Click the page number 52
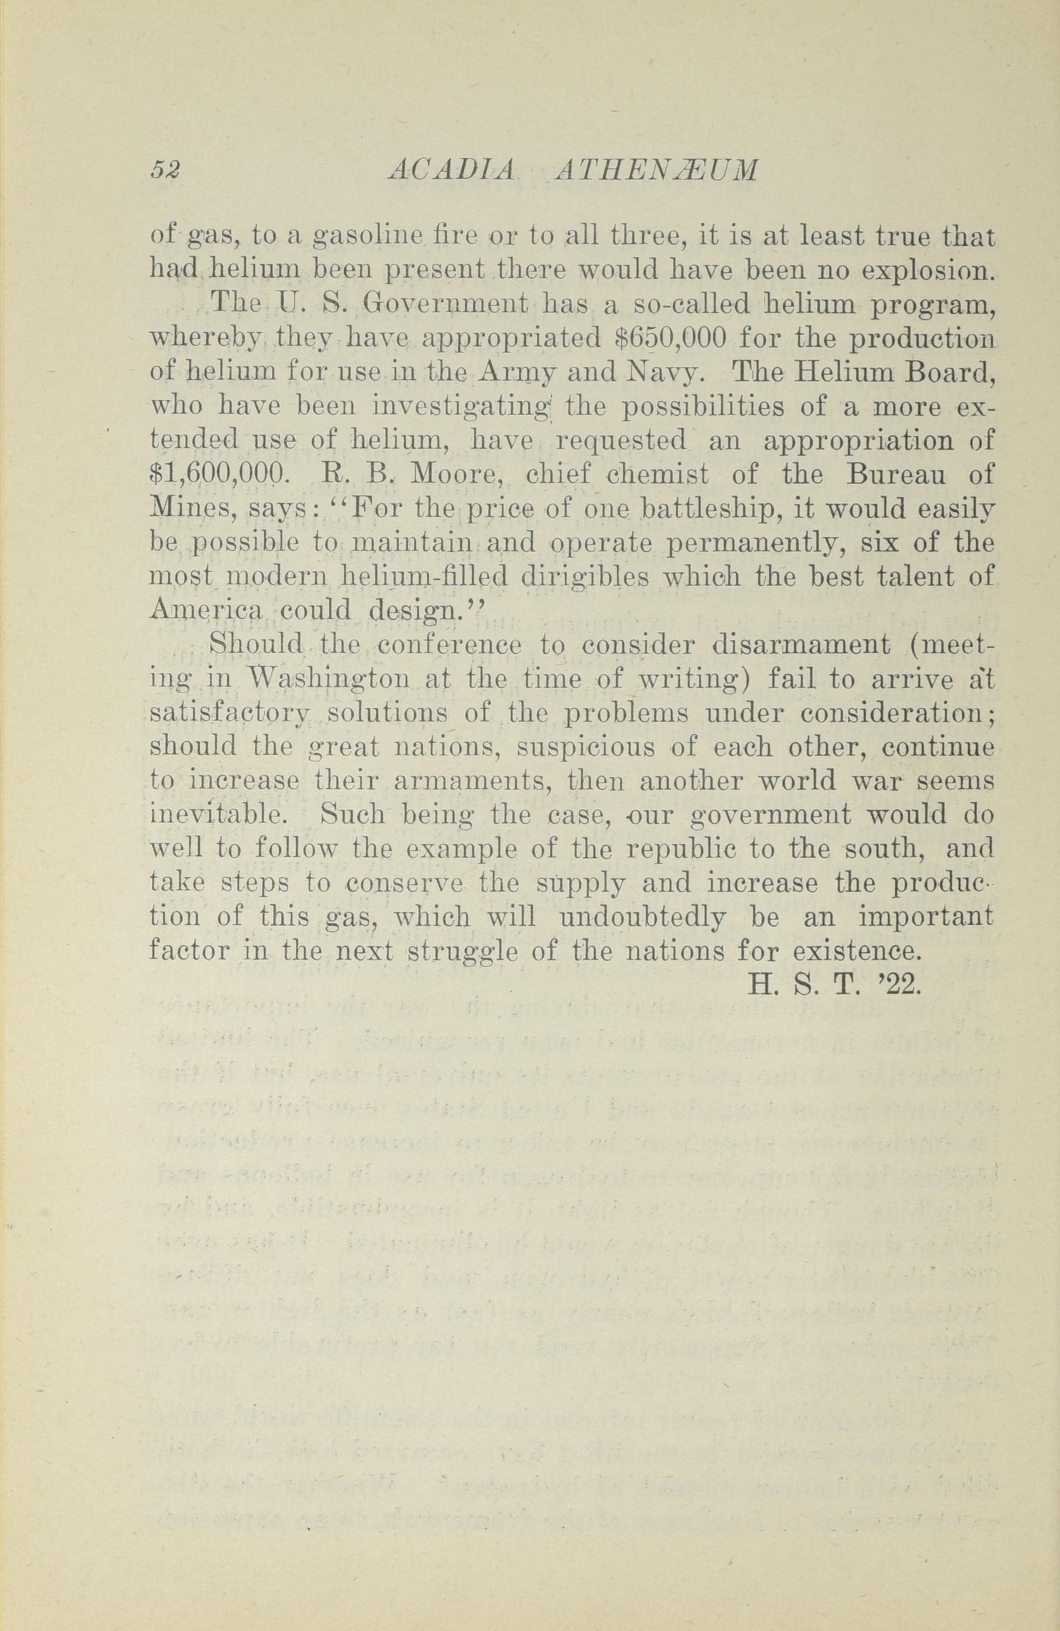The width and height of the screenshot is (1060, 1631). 165,170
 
